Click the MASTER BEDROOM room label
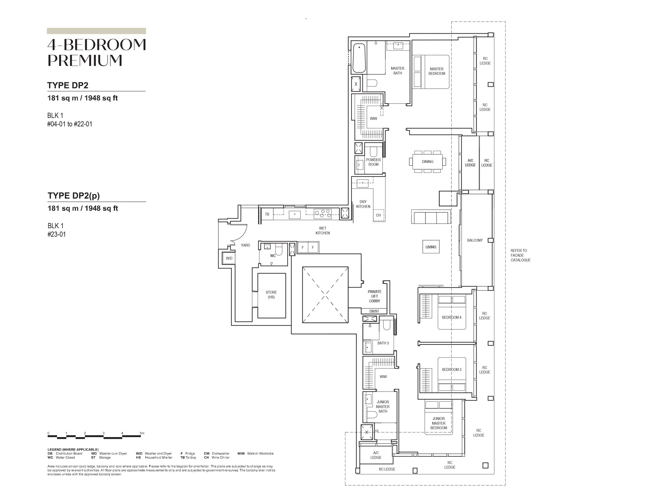pos(437,71)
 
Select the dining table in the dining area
pos(428,162)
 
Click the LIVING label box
pos(431,247)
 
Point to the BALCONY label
pos(475,240)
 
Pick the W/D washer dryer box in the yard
pos(229,258)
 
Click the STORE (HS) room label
pos(271,295)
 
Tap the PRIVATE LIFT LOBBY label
pos(375,296)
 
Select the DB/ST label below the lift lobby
pos(374,311)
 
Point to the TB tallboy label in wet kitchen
pos(267,214)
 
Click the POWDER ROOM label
pos(373,162)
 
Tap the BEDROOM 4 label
pos(452,318)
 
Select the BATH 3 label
pos(383,343)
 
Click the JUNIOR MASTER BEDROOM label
pos(439,423)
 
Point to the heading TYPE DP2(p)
pos(74,196)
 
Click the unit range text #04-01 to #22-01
pos(70,124)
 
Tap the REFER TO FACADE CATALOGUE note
pos(521,255)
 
